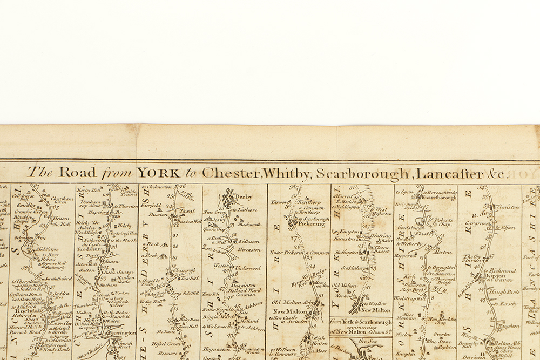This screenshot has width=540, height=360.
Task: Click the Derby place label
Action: tap(244, 196)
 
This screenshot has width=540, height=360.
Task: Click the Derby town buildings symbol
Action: tap(230, 195)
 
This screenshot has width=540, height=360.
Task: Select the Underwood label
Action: tap(248, 268)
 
